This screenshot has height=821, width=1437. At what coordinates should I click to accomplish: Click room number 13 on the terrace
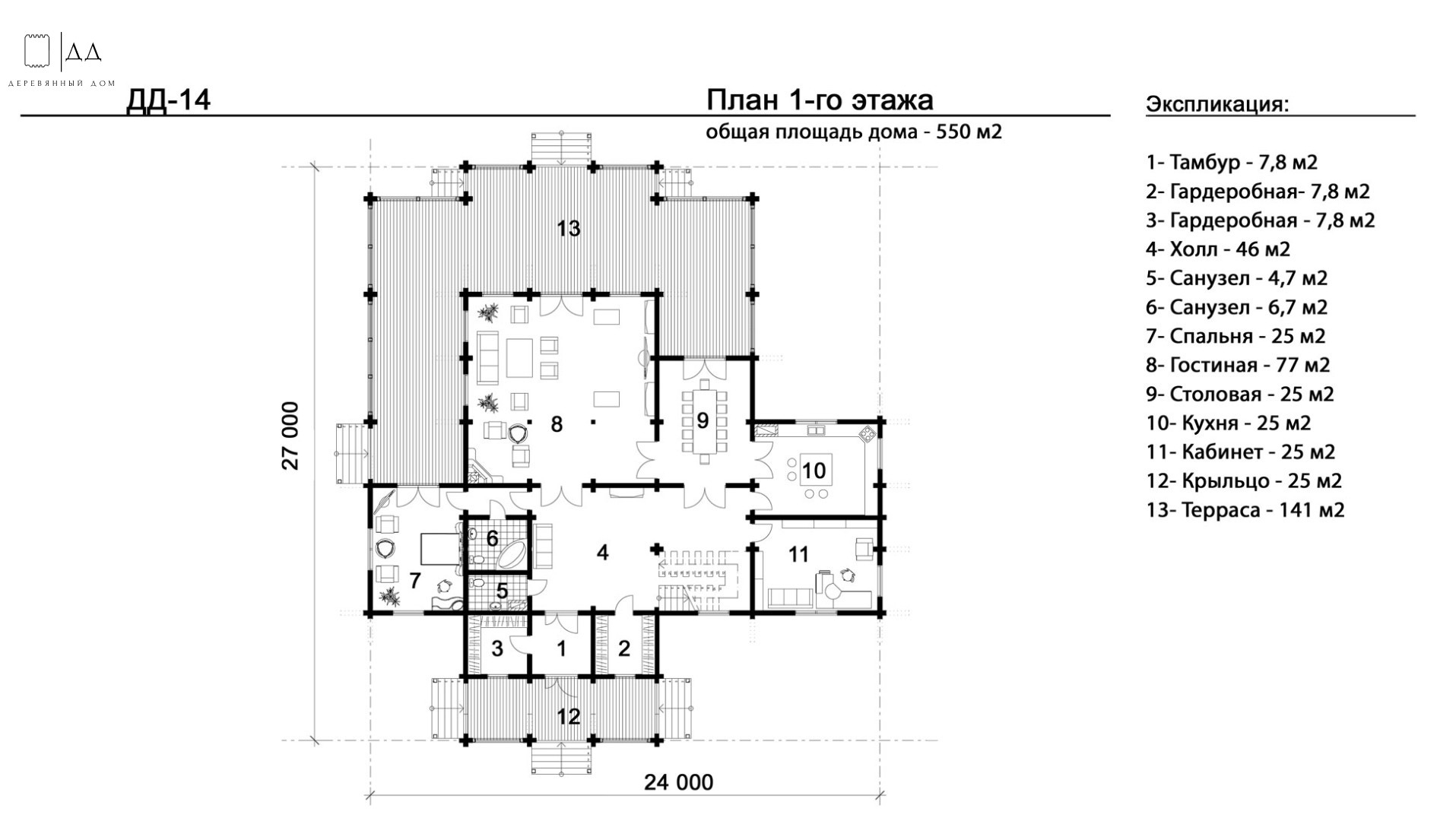(x=569, y=228)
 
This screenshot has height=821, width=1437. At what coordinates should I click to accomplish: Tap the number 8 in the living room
(x=557, y=424)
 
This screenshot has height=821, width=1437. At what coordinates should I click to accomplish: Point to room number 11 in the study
(x=798, y=554)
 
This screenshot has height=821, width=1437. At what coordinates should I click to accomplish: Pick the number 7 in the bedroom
(x=414, y=581)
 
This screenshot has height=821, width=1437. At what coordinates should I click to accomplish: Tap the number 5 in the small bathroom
(x=502, y=591)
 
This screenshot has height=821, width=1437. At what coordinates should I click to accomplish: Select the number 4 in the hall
(x=602, y=553)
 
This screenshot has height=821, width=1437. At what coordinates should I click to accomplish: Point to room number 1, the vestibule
(x=562, y=649)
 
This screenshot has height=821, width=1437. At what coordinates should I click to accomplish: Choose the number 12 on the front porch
(x=569, y=717)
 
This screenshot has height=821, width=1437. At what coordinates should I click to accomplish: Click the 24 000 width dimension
(x=679, y=782)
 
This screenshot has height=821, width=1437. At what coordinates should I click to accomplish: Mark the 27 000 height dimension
(x=290, y=436)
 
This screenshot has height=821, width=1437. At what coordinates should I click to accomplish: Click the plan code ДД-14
(x=168, y=100)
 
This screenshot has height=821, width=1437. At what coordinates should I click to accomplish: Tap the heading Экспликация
(x=1217, y=104)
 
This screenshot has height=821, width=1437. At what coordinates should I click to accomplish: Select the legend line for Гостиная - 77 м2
(x=1239, y=365)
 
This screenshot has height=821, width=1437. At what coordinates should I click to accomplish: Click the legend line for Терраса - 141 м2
(x=1245, y=509)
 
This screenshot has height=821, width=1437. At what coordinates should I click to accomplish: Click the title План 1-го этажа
(x=820, y=100)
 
